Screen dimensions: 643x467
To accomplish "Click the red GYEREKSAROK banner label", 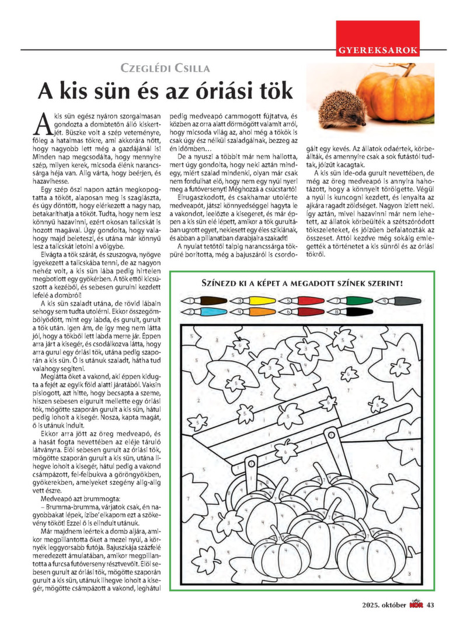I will [x=378, y=50].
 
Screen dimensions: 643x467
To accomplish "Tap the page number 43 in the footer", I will [x=431, y=604].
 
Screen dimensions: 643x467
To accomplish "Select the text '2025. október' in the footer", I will [x=382, y=604].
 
